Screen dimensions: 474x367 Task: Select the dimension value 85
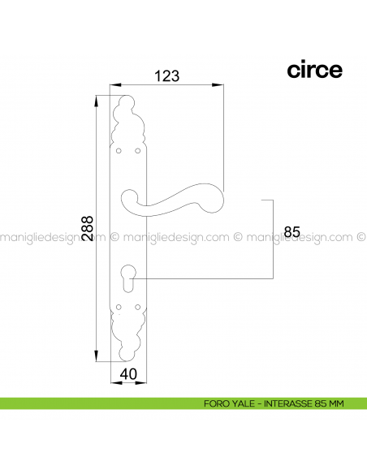[x=292, y=232]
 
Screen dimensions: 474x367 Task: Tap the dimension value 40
[x=127, y=375]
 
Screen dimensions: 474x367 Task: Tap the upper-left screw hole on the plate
[x=119, y=151]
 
